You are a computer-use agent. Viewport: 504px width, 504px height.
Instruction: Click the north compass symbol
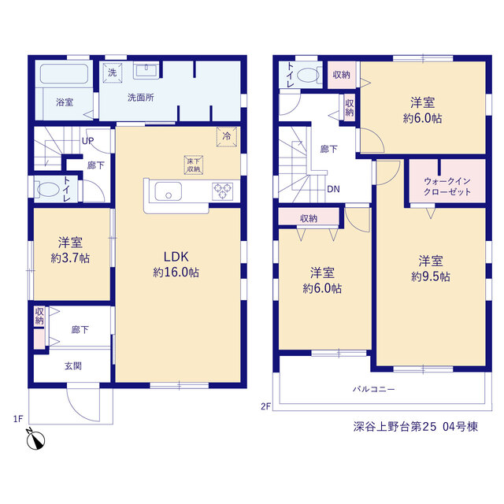tap(35, 439)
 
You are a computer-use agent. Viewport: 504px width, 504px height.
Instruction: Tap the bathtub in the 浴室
tap(64, 73)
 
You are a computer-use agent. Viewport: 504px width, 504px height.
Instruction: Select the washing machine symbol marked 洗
tap(113, 72)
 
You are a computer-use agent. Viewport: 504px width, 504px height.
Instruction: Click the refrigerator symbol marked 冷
tap(227, 136)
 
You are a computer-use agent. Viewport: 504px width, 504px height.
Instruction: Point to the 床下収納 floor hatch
tap(194, 165)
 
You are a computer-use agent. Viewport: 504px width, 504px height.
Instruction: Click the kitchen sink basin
tap(168, 191)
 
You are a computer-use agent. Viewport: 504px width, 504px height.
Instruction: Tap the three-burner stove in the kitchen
tap(222, 191)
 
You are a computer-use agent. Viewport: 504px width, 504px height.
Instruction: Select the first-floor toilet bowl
tap(47, 190)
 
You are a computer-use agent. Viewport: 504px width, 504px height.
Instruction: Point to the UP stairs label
tap(87, 141)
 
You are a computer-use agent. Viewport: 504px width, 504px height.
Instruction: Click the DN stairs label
tap(333, 189)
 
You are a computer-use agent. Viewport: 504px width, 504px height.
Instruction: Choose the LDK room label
tap(176, 257)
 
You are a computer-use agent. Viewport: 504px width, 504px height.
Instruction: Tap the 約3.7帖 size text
tap(70, 258)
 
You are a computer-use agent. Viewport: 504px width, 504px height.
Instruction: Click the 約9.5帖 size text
tap(431, 276)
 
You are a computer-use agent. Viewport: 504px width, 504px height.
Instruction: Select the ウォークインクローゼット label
tap(447, 187)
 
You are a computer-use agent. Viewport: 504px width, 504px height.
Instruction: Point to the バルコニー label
tap(373, 389)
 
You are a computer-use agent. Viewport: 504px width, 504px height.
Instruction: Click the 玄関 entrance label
tap(73, 365)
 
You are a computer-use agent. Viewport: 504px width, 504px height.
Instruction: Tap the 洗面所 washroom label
tap(141, 98)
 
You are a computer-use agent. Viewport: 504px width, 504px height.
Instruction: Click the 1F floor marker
tap(18, 419)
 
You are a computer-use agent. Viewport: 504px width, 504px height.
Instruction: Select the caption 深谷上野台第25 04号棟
tap(416, 427)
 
